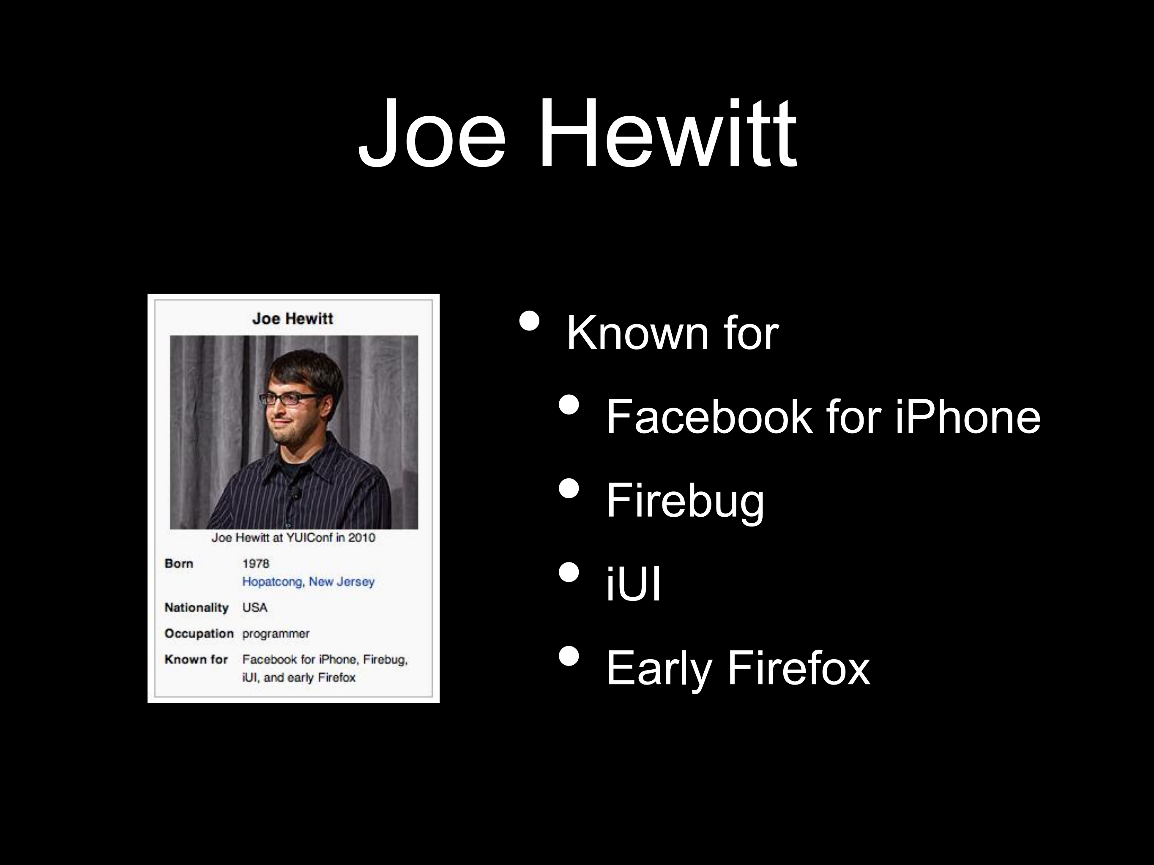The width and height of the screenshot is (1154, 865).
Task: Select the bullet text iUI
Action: [x=633, y=584]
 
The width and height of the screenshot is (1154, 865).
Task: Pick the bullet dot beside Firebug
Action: [x=569, y=488]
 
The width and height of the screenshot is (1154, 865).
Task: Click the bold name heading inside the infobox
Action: [x=292, y=319]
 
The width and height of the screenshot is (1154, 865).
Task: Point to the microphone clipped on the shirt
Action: [x=295, y=492]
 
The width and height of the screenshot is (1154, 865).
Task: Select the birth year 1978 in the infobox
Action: [x=256, y=563]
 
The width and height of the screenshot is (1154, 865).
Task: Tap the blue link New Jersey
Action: [x=342, y=581]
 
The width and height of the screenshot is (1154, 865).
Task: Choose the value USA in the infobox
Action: [x=254, y=607]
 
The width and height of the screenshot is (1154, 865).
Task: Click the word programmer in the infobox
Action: [x=276, y=634]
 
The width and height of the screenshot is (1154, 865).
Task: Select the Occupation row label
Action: [x=199, y=633]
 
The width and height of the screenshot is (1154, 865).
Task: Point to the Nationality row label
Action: [x=197, y=607]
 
